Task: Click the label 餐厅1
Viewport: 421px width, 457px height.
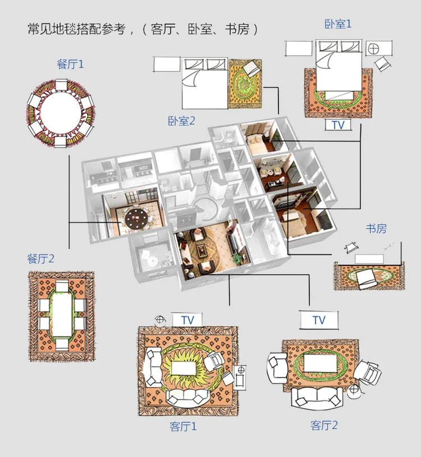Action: (x=70, y=64)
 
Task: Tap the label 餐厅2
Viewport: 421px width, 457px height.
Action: (x=41, y=258)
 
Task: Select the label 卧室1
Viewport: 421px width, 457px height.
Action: (x=338, y=24)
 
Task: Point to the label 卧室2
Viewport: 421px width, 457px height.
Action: (x=181, y=121)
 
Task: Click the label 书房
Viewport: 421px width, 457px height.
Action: (x=376, y=229)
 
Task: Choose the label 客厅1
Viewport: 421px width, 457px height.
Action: (x=183, y=426)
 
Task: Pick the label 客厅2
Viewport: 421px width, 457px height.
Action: (x=324, y=425)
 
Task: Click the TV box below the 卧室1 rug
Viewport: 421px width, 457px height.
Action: (x=338, y=125)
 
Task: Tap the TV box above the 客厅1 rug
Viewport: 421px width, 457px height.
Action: (x=187, y=320)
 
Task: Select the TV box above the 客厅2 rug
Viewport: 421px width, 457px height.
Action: (x=319, y=320)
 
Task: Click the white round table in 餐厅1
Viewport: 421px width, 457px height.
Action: (x=61, y=112)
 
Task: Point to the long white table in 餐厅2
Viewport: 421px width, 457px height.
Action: (x=62, y=316)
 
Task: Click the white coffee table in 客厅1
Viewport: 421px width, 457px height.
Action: (x=184, y=368)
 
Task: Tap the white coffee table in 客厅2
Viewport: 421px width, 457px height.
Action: (x=320, y=363)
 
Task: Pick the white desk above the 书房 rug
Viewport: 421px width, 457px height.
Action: (x=369, y=259)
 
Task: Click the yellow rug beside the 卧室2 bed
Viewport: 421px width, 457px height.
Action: (x=245, y=84)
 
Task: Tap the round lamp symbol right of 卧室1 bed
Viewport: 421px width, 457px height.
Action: (x=373, y=49)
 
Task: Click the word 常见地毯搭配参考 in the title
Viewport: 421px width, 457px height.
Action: (x=77, y=29)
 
